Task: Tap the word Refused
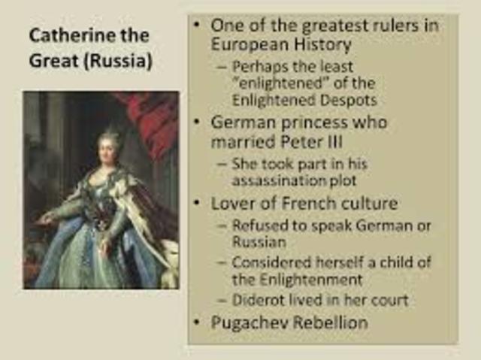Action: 260,225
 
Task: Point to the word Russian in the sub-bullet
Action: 259,242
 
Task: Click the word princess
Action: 305,122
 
